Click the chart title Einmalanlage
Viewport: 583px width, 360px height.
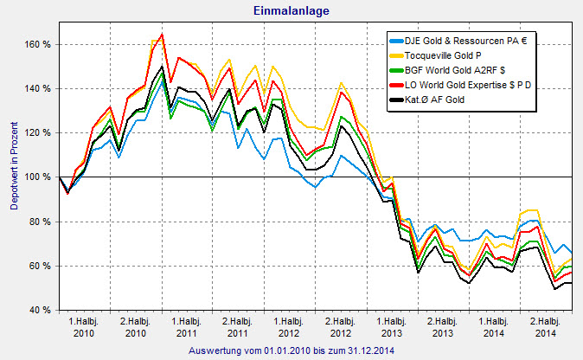tap(291, 10)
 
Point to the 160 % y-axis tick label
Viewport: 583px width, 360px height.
tap(39, 44)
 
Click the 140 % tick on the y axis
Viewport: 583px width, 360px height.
tap(39, 88)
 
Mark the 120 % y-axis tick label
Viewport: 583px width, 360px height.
tap(39, 132)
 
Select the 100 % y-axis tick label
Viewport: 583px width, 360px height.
tap(39, 177)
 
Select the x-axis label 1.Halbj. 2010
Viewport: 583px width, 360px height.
tap(84, 326)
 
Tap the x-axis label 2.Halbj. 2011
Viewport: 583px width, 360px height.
tap(238, 326)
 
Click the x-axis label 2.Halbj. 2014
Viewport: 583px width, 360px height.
tap(545, 326)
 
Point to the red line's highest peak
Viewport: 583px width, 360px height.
tap(162, 35)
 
